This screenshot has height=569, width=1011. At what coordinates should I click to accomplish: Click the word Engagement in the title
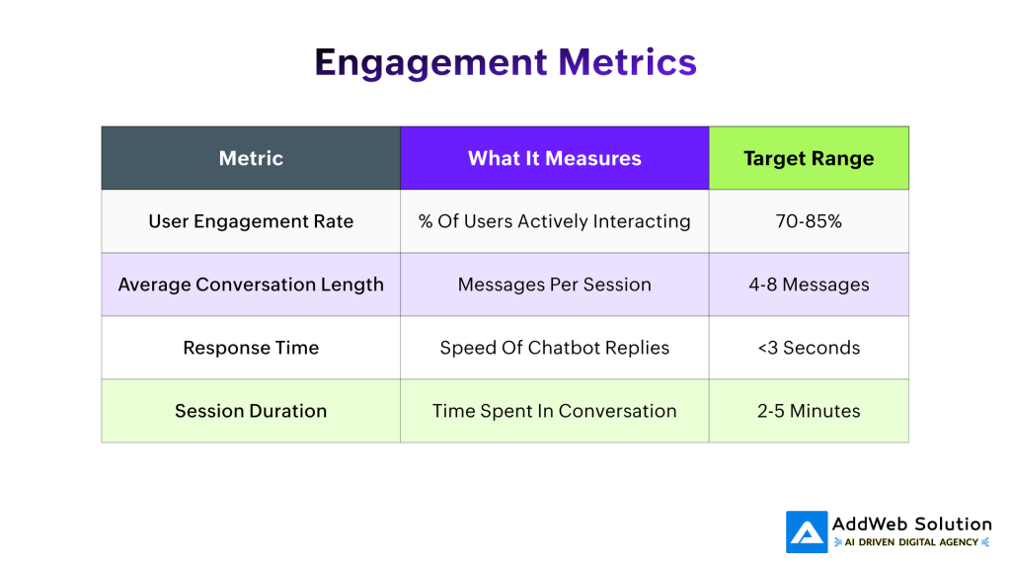tap(431, 62)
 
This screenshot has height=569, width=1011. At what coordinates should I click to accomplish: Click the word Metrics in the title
tap(627, 62)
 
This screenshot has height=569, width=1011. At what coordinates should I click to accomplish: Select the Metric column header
tap(251, 158)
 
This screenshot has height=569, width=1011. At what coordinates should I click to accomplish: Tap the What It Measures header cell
tap(554, 158)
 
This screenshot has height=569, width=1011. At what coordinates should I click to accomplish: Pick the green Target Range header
tap(809, 158)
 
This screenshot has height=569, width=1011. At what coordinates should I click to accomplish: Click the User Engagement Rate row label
tap(251, 221)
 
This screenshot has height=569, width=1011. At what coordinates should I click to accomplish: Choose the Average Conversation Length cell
tap(251, 284)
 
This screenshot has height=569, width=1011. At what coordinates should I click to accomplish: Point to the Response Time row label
tap(251, 348)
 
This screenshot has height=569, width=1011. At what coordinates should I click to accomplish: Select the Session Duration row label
tap(251, 411)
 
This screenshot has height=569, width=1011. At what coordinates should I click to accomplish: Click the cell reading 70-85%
tap(809, 221)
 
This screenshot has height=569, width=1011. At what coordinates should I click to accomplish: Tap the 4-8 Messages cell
tap(809, 284)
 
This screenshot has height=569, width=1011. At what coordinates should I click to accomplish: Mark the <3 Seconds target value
tap(809, 348)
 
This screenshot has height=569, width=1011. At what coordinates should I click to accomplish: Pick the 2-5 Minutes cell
tap(809, 411)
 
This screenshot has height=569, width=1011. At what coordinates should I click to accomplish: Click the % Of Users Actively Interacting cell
tap(554, 221)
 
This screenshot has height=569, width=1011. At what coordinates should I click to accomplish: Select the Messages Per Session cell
tap(554, 284)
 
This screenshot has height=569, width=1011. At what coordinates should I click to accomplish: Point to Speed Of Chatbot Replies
tap(554, 348)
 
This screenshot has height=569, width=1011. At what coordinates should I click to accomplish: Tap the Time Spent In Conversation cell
tap(554, 411)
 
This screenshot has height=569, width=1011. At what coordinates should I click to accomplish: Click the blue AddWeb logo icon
tap(807, 531)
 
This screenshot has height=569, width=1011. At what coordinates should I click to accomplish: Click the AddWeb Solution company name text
tap(911, 524)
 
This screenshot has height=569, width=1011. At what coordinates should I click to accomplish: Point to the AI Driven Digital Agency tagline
tap(911, 542)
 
